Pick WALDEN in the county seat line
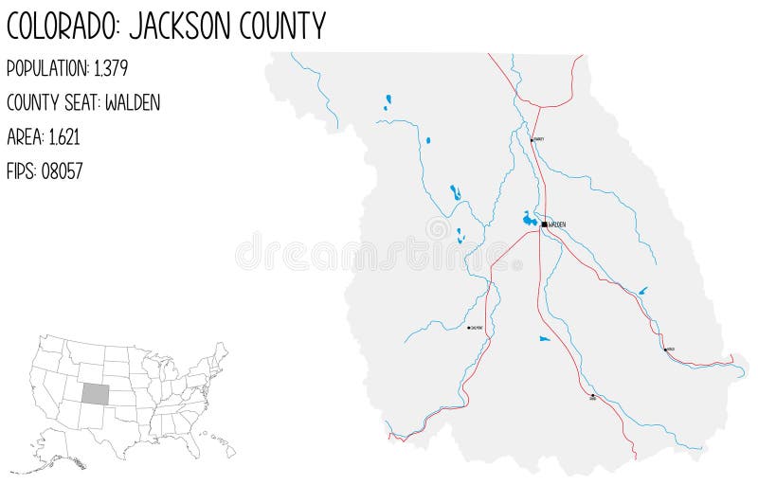(133, 103)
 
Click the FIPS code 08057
(62, 171)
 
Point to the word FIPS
(21, 171)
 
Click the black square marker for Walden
(544, 225)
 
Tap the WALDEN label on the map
(557, 225)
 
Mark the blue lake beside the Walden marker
(530, 220)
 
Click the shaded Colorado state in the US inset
(94, 393)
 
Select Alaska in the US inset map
(57, 455)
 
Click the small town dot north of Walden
(532, 139)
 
